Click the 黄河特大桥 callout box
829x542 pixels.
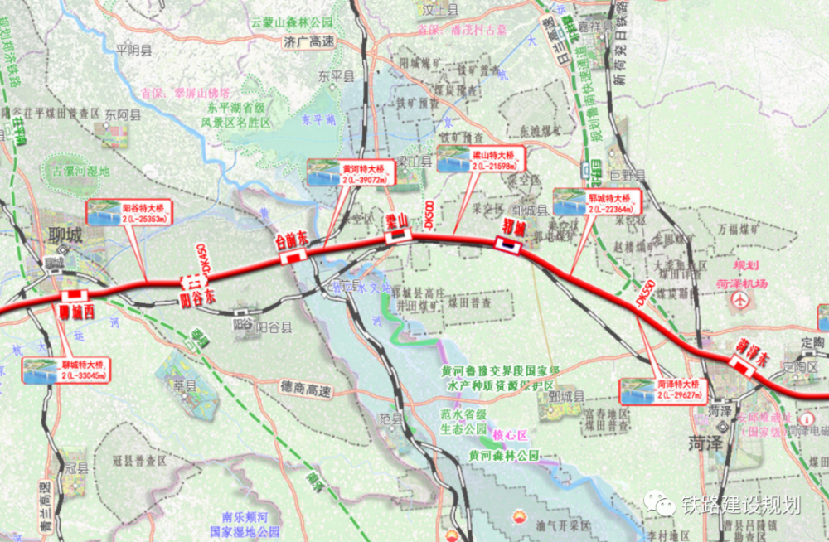coord(350,171)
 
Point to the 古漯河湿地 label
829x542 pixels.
coord(80,172)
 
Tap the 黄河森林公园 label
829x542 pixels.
coord(503,455)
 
